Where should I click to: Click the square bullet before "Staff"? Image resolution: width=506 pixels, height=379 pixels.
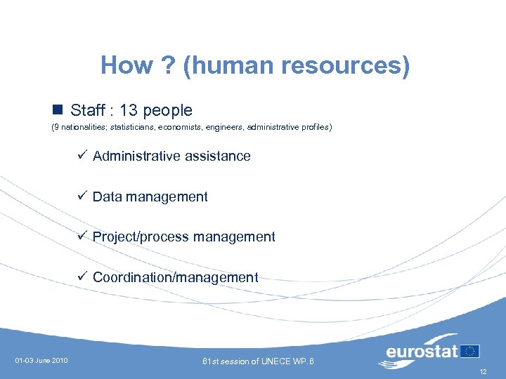tap(58, 109)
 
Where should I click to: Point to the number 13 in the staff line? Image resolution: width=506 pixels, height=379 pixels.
tap(129, 110)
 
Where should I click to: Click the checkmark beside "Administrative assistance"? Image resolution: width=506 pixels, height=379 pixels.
tap(82, 155)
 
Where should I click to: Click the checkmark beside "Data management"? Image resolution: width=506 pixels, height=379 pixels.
tap(82, 196)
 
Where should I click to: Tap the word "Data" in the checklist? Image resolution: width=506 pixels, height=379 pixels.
tap(107, 197)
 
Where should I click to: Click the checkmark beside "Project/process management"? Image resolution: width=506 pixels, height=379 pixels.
tap(82, 236)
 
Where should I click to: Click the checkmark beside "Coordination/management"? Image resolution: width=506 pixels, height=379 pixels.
tap(82, 277)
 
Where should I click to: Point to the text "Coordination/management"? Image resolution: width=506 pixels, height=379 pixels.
tap(176, 277)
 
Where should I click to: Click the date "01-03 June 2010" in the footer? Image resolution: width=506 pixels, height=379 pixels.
tap(41, 361)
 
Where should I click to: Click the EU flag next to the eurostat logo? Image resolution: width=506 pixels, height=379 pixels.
tap(470, 350)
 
